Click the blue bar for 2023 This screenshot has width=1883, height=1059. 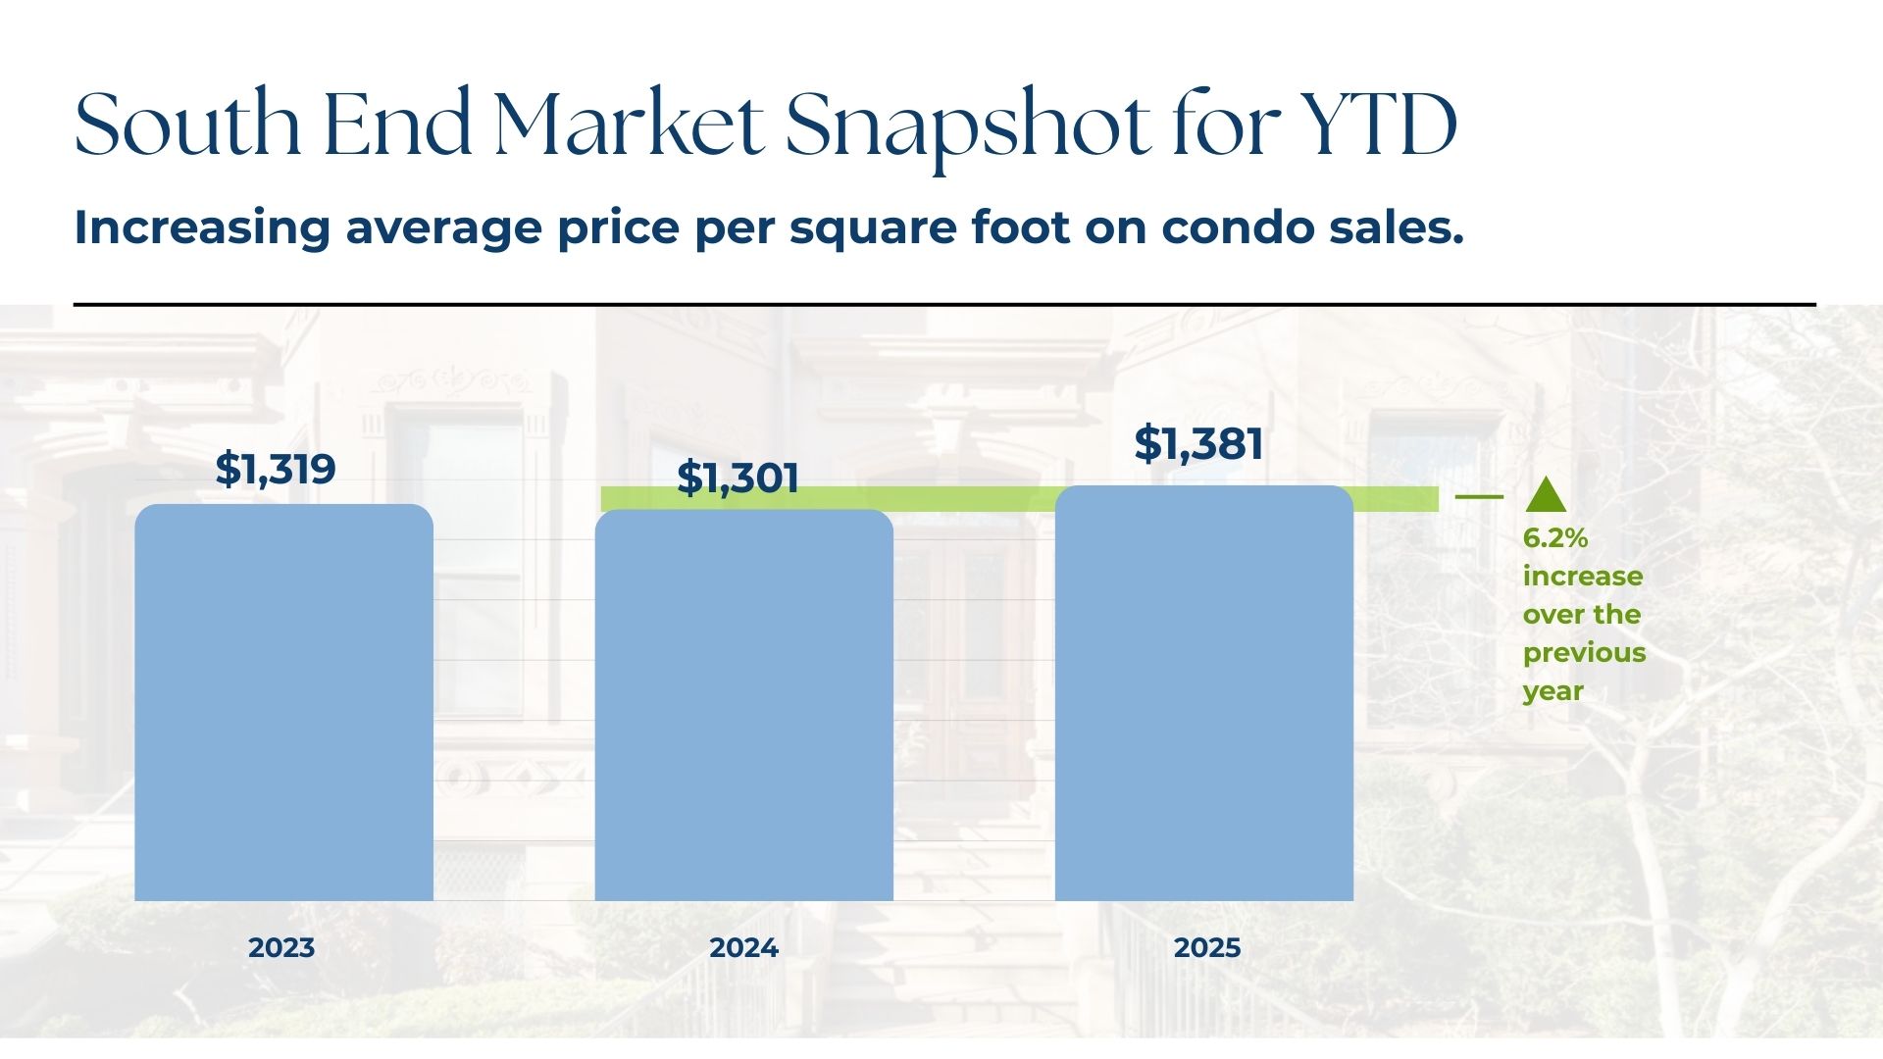[x=283, y=702]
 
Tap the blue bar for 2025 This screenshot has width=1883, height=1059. [x=1203, y=693]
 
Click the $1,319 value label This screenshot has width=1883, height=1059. [x=276, y=469]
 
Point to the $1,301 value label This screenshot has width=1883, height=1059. [x=738, y=478]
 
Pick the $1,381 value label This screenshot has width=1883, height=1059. [x=1198, y=443]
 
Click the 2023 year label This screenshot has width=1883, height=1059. [x=281, y=948]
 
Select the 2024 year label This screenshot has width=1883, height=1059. [x=743, y=948]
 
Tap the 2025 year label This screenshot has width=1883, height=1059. [x=1207, y=948]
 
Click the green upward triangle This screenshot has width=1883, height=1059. [x=1546, y=496]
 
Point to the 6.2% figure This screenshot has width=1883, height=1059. [x=1555, y=538]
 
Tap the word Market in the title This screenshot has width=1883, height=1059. [x=629, y=126]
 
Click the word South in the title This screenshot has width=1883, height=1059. [x=187, y=126]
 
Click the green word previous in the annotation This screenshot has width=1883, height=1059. [x=1584, y=654]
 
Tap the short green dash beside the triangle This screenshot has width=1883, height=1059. [x=1479, y=497]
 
